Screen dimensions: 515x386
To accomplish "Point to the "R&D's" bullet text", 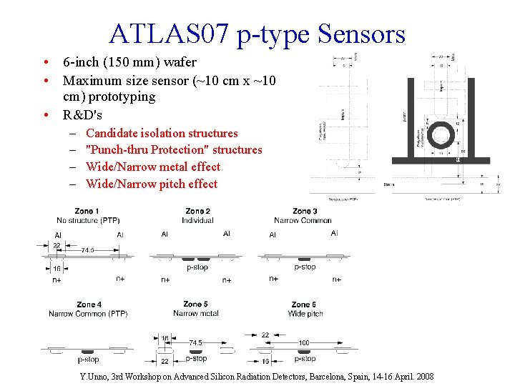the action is point(82,114).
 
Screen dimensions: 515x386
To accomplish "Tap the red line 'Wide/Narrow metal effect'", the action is point(152,167).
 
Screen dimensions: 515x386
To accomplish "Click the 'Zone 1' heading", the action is point(87,212).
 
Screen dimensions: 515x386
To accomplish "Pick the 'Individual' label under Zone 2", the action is point(197,220).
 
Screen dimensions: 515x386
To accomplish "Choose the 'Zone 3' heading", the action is point(302,212).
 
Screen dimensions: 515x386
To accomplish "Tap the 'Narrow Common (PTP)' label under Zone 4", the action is point(88,314).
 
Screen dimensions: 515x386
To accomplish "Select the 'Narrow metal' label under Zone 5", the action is point(196,314).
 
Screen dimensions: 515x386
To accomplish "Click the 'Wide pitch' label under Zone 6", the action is point(305,314).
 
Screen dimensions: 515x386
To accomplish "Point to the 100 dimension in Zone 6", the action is point(304,343).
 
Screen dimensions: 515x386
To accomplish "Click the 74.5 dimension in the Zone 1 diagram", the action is point(88,250).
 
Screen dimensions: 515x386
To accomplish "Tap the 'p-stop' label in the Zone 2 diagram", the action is point(197,267).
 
